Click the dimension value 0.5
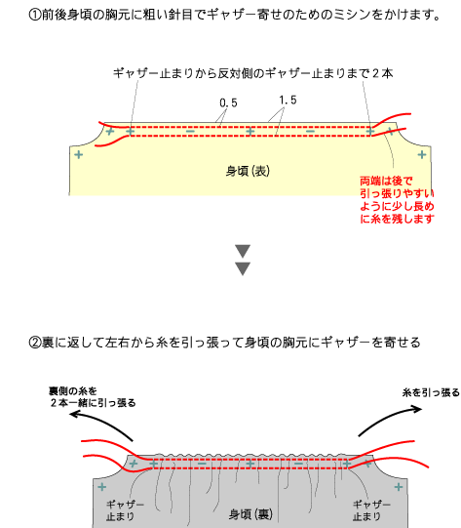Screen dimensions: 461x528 (228, 102)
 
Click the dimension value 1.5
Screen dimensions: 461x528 (288, 100)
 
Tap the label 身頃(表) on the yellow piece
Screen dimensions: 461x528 (248, 172)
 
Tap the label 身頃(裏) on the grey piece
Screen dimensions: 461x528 (250, 514)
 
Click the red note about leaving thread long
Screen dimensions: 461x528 (397, 200)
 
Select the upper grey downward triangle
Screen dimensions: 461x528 (243, 251)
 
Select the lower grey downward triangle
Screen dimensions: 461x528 (243, 268)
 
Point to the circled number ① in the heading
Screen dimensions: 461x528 (35, 15)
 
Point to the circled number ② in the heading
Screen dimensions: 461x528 (35, 343)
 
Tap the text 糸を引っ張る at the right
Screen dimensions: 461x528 (431, 392)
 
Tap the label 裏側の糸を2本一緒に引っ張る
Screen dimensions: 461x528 (93, 397)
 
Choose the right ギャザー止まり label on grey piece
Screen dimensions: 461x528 (371, 510)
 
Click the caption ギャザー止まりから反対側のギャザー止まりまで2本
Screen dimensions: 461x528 (252, 73)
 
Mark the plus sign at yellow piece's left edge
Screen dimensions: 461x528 (79, 154)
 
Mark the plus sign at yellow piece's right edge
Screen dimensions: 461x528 (422, 154)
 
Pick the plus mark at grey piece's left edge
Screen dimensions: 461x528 (102, 487)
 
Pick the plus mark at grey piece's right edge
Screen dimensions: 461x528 (399, 487)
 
